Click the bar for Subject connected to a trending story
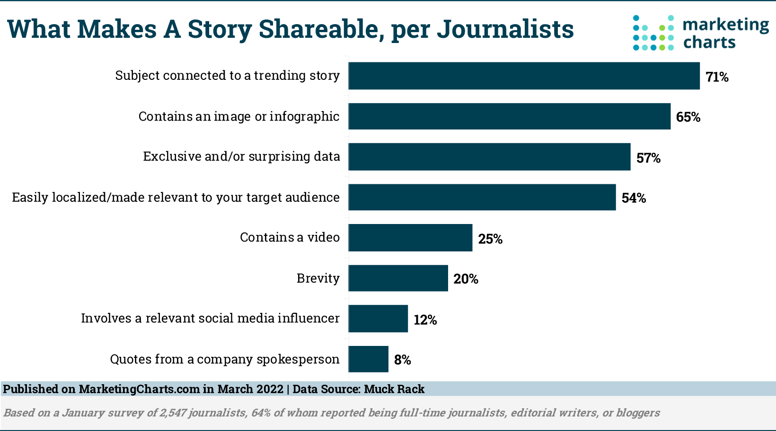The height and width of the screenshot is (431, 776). (524, 76)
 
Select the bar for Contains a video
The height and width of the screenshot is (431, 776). (410, 238)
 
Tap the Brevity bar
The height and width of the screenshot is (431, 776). (398, 278)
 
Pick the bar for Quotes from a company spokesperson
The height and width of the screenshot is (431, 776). (368, 359)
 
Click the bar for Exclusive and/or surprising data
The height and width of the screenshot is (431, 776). (489, 157)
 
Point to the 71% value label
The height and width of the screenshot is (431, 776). (717, 77)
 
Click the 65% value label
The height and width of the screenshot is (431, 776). (688, 117)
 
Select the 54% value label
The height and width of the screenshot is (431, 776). (634, 198)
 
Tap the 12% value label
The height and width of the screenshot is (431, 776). (425, 320)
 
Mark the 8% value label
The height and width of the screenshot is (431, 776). (402, 360)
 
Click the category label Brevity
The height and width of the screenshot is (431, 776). (318, 278)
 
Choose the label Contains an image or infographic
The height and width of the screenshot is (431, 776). (239, 116)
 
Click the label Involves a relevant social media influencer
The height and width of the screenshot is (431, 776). (210, 319)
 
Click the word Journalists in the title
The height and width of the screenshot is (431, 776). (505, 29)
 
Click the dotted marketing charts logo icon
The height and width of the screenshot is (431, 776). (653, 33)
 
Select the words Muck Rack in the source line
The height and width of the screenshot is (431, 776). (394, 389)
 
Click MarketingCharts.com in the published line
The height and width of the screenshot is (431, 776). (139, 389)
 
